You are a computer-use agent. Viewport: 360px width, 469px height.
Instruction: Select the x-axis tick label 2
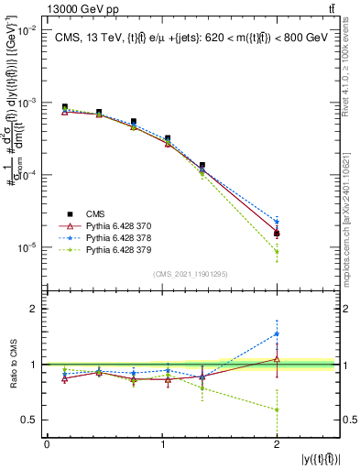(277, 444)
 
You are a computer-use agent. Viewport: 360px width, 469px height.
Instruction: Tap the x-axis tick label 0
(47, 444)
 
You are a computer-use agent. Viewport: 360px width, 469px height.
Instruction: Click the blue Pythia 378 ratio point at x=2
(277, 334)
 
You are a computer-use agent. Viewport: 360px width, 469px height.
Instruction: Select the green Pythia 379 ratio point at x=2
(277, 409)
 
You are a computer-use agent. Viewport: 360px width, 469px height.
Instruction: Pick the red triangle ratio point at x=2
(277, 359)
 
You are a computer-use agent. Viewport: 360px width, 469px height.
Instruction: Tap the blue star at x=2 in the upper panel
(277, 222)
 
